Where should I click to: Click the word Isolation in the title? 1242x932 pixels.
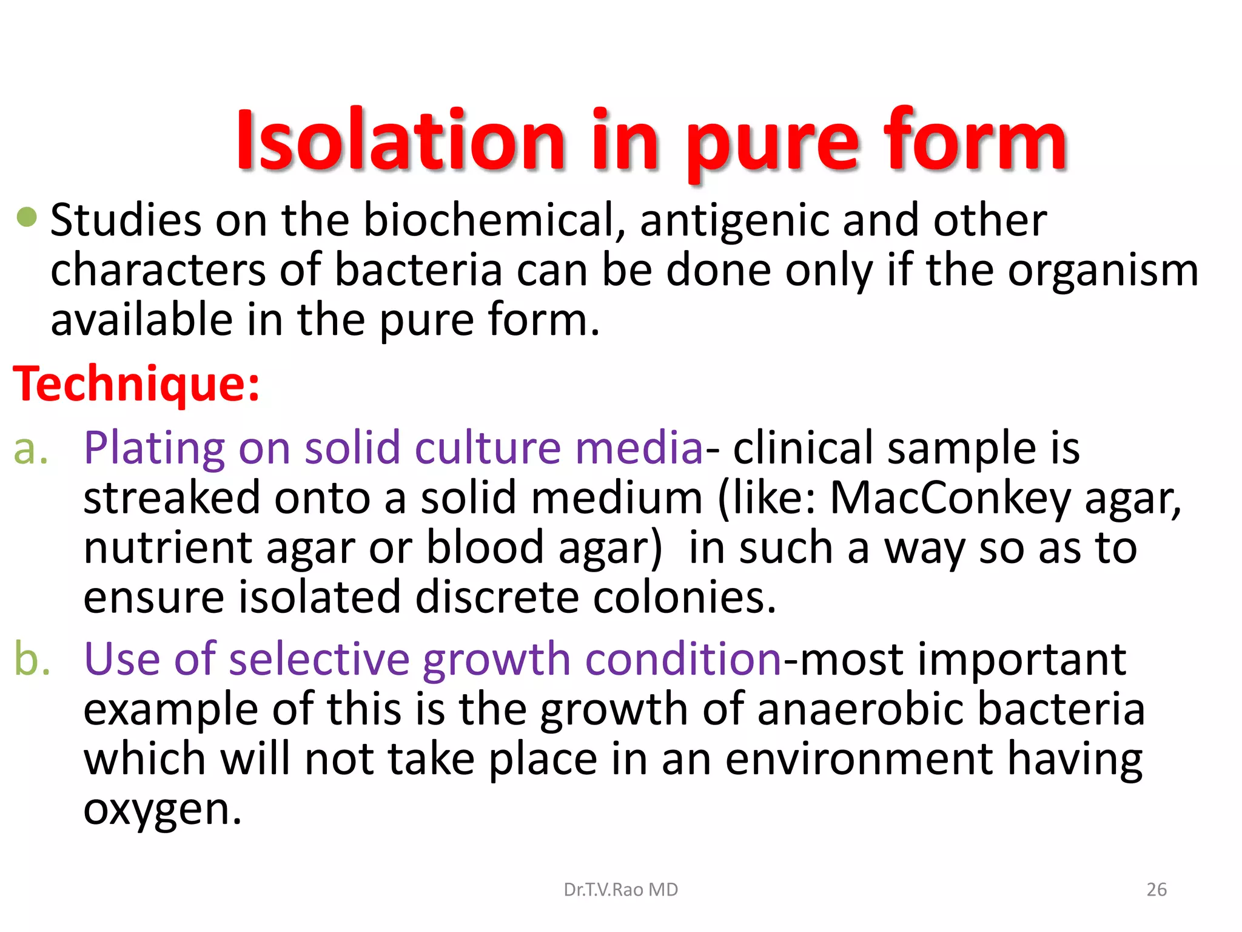400,141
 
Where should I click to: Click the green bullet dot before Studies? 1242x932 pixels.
27,217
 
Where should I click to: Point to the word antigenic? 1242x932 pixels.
734,221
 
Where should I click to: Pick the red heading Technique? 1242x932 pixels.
136,385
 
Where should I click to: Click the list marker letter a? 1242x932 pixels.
30,450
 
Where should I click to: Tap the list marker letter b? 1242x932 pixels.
32,659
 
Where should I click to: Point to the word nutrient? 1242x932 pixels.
167,549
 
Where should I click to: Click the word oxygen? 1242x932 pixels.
162,811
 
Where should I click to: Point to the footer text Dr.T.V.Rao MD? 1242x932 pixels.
621,890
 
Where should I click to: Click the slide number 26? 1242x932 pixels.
1156,890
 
